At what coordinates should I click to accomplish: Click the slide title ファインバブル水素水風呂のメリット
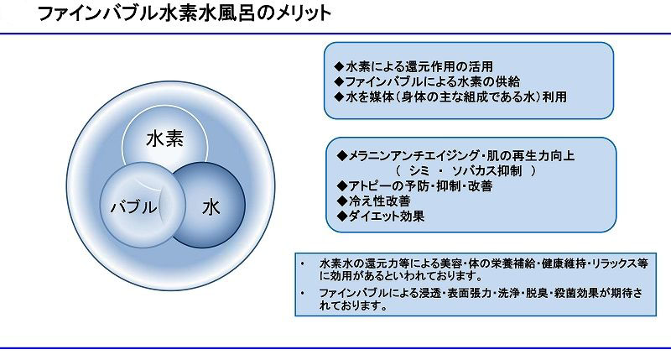pos(185,13)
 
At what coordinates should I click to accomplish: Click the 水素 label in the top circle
pos(164,138)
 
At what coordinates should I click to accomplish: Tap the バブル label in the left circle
pos(133,207)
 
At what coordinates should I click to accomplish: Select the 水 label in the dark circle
pos(211,207)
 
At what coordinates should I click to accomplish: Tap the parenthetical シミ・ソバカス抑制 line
pos(466,171)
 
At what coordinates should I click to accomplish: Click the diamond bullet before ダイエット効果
pos(342,217)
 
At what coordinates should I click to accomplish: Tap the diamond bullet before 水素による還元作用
pos(340,66)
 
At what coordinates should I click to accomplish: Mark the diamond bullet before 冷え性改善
pos(342,201)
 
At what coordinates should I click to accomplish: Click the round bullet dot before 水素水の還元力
pos(303,263)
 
